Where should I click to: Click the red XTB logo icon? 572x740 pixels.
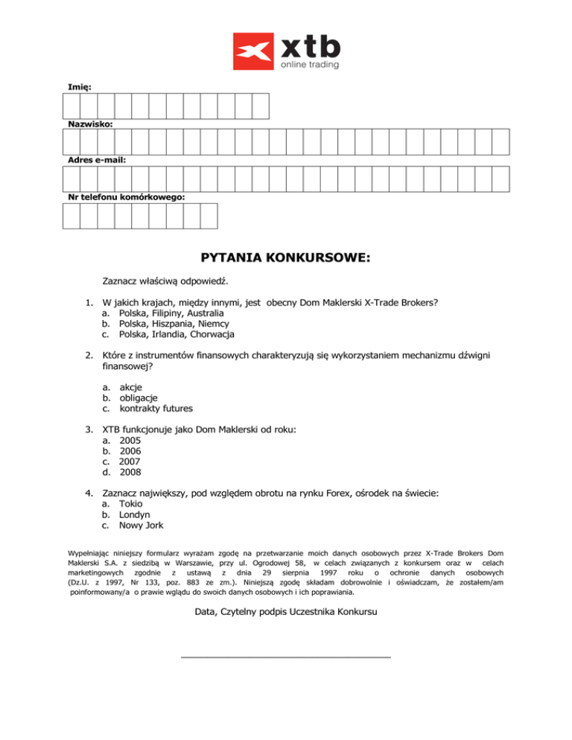pos(254,51)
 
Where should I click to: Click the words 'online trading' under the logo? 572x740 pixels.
pos(309,65)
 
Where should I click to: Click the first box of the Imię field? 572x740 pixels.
pos(71,106)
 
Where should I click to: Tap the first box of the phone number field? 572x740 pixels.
pos(71,215)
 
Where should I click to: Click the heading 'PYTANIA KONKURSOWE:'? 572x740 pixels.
pos(285,258)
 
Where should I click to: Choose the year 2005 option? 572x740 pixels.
pos(130,440)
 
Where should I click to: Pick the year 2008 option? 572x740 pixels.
pos(130,471)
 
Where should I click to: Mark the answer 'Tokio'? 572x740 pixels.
pos(132,503)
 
